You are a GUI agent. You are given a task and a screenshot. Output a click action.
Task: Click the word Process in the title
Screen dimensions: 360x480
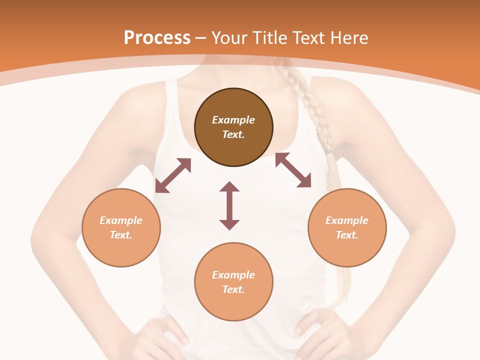point(157,38)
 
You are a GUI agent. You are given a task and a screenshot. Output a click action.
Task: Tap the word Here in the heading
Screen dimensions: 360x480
point(348,38)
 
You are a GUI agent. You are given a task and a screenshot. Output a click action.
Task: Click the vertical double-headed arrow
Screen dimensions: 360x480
point(229,205)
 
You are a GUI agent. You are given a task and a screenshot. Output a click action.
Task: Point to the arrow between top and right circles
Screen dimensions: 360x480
point(293,170)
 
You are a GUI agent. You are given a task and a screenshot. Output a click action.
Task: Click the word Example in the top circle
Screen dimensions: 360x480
point(233,120)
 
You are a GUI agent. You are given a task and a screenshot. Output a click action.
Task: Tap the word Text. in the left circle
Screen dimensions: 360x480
point(121,235)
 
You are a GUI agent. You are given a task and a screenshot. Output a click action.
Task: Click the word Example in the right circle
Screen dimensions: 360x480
point(347,220)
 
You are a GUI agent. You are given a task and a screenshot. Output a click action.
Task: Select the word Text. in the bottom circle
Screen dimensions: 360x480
point(233,289)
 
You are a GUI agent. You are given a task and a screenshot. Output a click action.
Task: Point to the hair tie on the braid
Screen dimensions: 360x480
point(328,148)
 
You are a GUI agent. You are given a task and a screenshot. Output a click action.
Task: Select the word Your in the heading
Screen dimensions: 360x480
point(228,38)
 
